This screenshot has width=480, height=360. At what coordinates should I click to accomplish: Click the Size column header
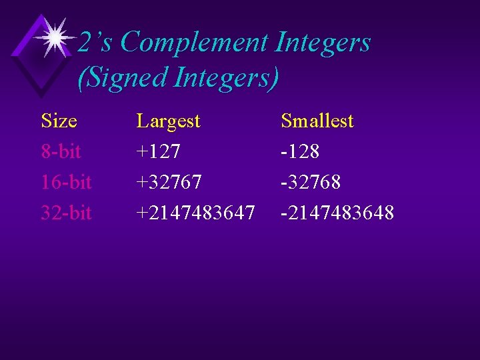59,121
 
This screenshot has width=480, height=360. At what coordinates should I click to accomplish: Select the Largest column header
168,121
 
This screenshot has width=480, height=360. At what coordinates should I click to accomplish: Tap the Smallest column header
317,121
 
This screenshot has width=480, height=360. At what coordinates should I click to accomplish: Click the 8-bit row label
61,152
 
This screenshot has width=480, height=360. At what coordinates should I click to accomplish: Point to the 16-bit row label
66,182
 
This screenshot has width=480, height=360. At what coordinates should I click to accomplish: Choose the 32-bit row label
66,213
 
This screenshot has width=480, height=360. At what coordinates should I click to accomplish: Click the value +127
158,152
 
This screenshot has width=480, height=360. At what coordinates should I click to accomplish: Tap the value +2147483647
195,213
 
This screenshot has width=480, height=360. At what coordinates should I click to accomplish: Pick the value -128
300,152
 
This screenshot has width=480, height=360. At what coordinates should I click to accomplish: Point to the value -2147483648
337,213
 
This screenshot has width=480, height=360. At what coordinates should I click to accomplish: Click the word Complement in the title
193,43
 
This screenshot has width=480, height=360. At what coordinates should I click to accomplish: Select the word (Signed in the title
122,78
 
